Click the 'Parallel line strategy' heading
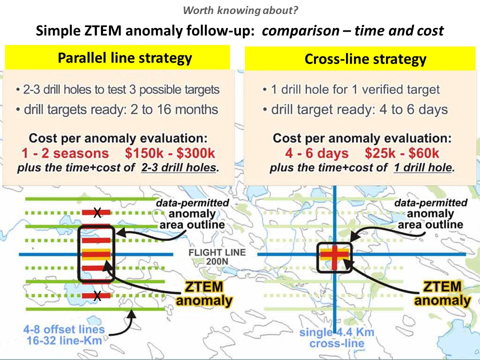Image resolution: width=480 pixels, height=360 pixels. point(125,58)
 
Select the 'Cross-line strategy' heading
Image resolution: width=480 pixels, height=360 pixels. point(365,59)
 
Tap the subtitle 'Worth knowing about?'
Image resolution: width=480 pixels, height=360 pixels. point(240,10)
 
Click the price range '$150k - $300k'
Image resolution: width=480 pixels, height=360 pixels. point(170,153)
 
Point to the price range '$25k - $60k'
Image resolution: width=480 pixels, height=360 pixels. point(402,153)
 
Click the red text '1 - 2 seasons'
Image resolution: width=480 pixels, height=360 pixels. point(65,153)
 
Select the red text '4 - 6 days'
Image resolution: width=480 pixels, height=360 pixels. point(317,153)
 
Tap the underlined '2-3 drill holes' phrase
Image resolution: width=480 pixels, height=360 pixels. point(179,167)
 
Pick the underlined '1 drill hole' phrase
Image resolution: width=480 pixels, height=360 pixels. point(423,167)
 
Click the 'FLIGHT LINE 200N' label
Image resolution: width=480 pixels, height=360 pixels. point(217,257)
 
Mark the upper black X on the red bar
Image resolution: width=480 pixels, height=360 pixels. point(97,212)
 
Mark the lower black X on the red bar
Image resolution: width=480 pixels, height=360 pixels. point(97,295)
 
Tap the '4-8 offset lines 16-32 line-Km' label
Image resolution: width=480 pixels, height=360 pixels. point(64,334)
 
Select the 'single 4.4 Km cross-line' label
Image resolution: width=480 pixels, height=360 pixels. point(336,337)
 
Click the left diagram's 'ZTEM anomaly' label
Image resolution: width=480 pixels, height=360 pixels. point(204,293)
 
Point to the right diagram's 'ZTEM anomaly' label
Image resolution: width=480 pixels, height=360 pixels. point(442,293)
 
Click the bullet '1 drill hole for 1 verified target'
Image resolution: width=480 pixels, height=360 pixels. point(351,89)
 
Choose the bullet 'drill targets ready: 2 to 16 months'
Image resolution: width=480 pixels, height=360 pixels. point(117,109)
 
